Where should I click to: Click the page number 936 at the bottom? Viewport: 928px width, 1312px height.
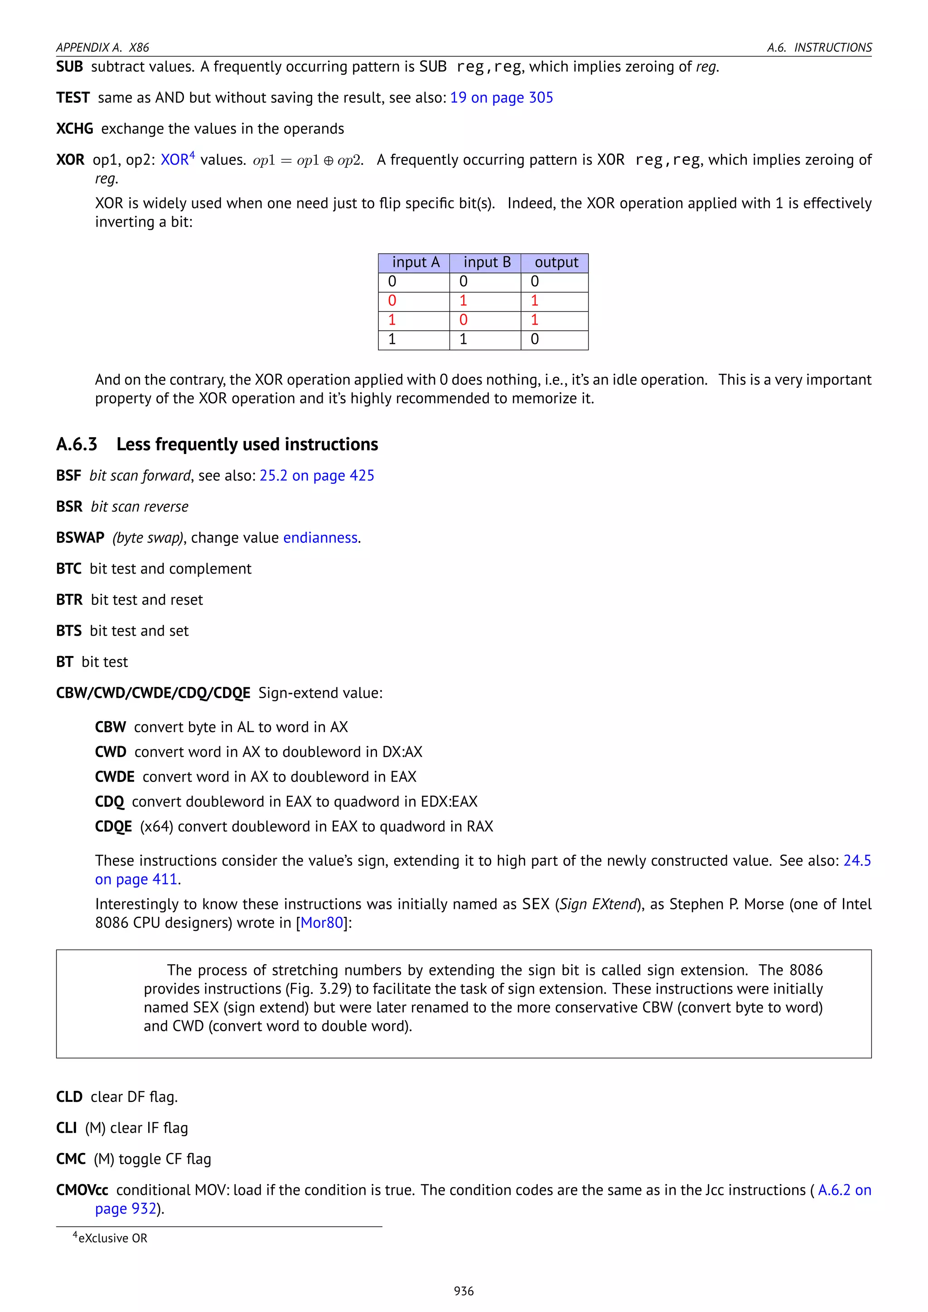pyautogui.click(x=464, y=1291)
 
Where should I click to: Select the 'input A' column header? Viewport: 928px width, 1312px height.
pyautogui.click(x=415, y=262)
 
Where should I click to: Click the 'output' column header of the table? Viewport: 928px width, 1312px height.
pyautogui.click(x=556, y=262)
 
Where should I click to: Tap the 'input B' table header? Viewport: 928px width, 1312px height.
pyautogui.click(x=486, y=262)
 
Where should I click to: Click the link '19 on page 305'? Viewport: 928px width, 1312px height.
pyautogui.click(x=501, y=98)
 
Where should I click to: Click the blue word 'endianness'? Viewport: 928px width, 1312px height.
pyautogui.click(x=320, y=538)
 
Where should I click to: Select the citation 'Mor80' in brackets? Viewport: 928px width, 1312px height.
pyautogui.click(x=322, y=923)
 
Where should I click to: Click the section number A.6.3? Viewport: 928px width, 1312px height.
pyautogui.click(x=77, y=444)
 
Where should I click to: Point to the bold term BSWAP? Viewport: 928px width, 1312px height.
pyautogui.click(x=80, y=538)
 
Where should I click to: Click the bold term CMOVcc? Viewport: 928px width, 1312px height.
pyautogui.click(x=82, y=1190)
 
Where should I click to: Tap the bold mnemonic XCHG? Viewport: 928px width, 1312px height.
pyautogui.click(x=74, y=129)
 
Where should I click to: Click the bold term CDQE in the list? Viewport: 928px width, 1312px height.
pyautogui.click(x=113, y=827)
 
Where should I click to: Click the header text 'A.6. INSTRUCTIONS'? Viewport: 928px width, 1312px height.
pyautogui.click(x=819, y=48)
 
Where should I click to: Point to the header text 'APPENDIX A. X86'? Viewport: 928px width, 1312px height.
pyautogui.click(x=102, y=48)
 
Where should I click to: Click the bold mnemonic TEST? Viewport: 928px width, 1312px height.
pyautogui.click(x=72, y=98)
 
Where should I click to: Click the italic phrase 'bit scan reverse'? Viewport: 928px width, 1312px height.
pyautogui.click(x=140, y=507)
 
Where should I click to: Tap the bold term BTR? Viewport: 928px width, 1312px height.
pyautogui.click(x=69, y=600)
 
